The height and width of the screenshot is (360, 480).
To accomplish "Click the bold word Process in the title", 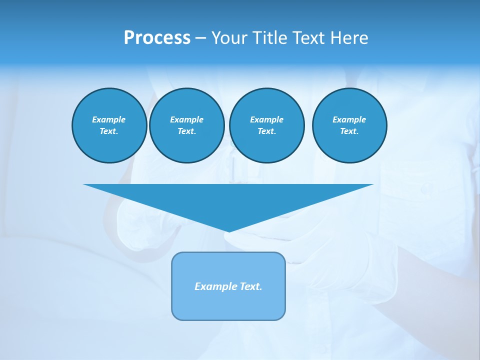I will pyautogui.click(x=157, y=38).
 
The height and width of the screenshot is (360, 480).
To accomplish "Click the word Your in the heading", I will pyautogui.click(x=230, y=38).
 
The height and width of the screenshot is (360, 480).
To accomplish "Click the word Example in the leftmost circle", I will pyautogui.click(x=109, y=119).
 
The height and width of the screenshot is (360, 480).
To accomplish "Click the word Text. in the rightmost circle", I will pyautogui.click(x=349, y=131).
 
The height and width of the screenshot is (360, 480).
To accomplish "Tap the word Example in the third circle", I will pyautogui.click(x=266, y=119).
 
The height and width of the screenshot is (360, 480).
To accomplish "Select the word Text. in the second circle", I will pyautogui.click(x=186, y=131).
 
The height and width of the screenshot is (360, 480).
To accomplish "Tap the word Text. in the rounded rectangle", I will pyautogui.click(x=251, y=286).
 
